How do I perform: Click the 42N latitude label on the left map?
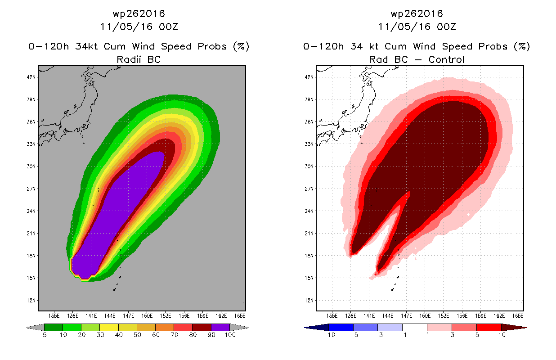coord(31,77)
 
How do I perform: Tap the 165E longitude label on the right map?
coord(518,316)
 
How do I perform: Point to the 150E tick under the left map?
coord(147,316)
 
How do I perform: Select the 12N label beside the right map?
coord(309,301)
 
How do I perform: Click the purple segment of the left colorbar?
coord(220,327)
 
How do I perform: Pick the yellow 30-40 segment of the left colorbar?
coord(109,327)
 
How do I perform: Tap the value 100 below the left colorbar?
coord(230,335)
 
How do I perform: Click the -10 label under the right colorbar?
coord(329,335)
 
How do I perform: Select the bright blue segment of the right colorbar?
coord(341,327)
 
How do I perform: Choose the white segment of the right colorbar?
coord(415,327)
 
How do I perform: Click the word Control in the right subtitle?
coord(446,59)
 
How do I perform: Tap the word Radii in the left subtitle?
coord(129,59)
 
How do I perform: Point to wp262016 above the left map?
coord(139,14)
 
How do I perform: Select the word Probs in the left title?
coord(212,46)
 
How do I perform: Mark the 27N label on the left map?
coord(31,189)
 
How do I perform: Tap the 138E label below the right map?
coord(350,316)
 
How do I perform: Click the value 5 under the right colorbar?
coord(477,335)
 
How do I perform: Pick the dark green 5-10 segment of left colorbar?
coord(54,327)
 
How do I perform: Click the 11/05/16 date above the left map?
coord(126,27)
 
